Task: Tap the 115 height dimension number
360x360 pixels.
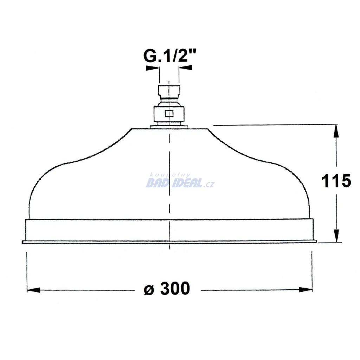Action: (336, 181)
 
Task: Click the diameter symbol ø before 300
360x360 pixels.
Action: (149, 290)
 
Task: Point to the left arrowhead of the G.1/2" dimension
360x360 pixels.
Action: (152, 68)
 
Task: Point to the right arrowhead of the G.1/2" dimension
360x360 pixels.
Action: (186, 67)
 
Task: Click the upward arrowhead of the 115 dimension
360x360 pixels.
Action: (336, 131)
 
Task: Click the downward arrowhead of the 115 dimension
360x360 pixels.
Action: (336, 236)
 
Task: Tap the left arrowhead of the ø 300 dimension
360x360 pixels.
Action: (33, 290)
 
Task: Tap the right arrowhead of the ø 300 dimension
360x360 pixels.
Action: (306, 290)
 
